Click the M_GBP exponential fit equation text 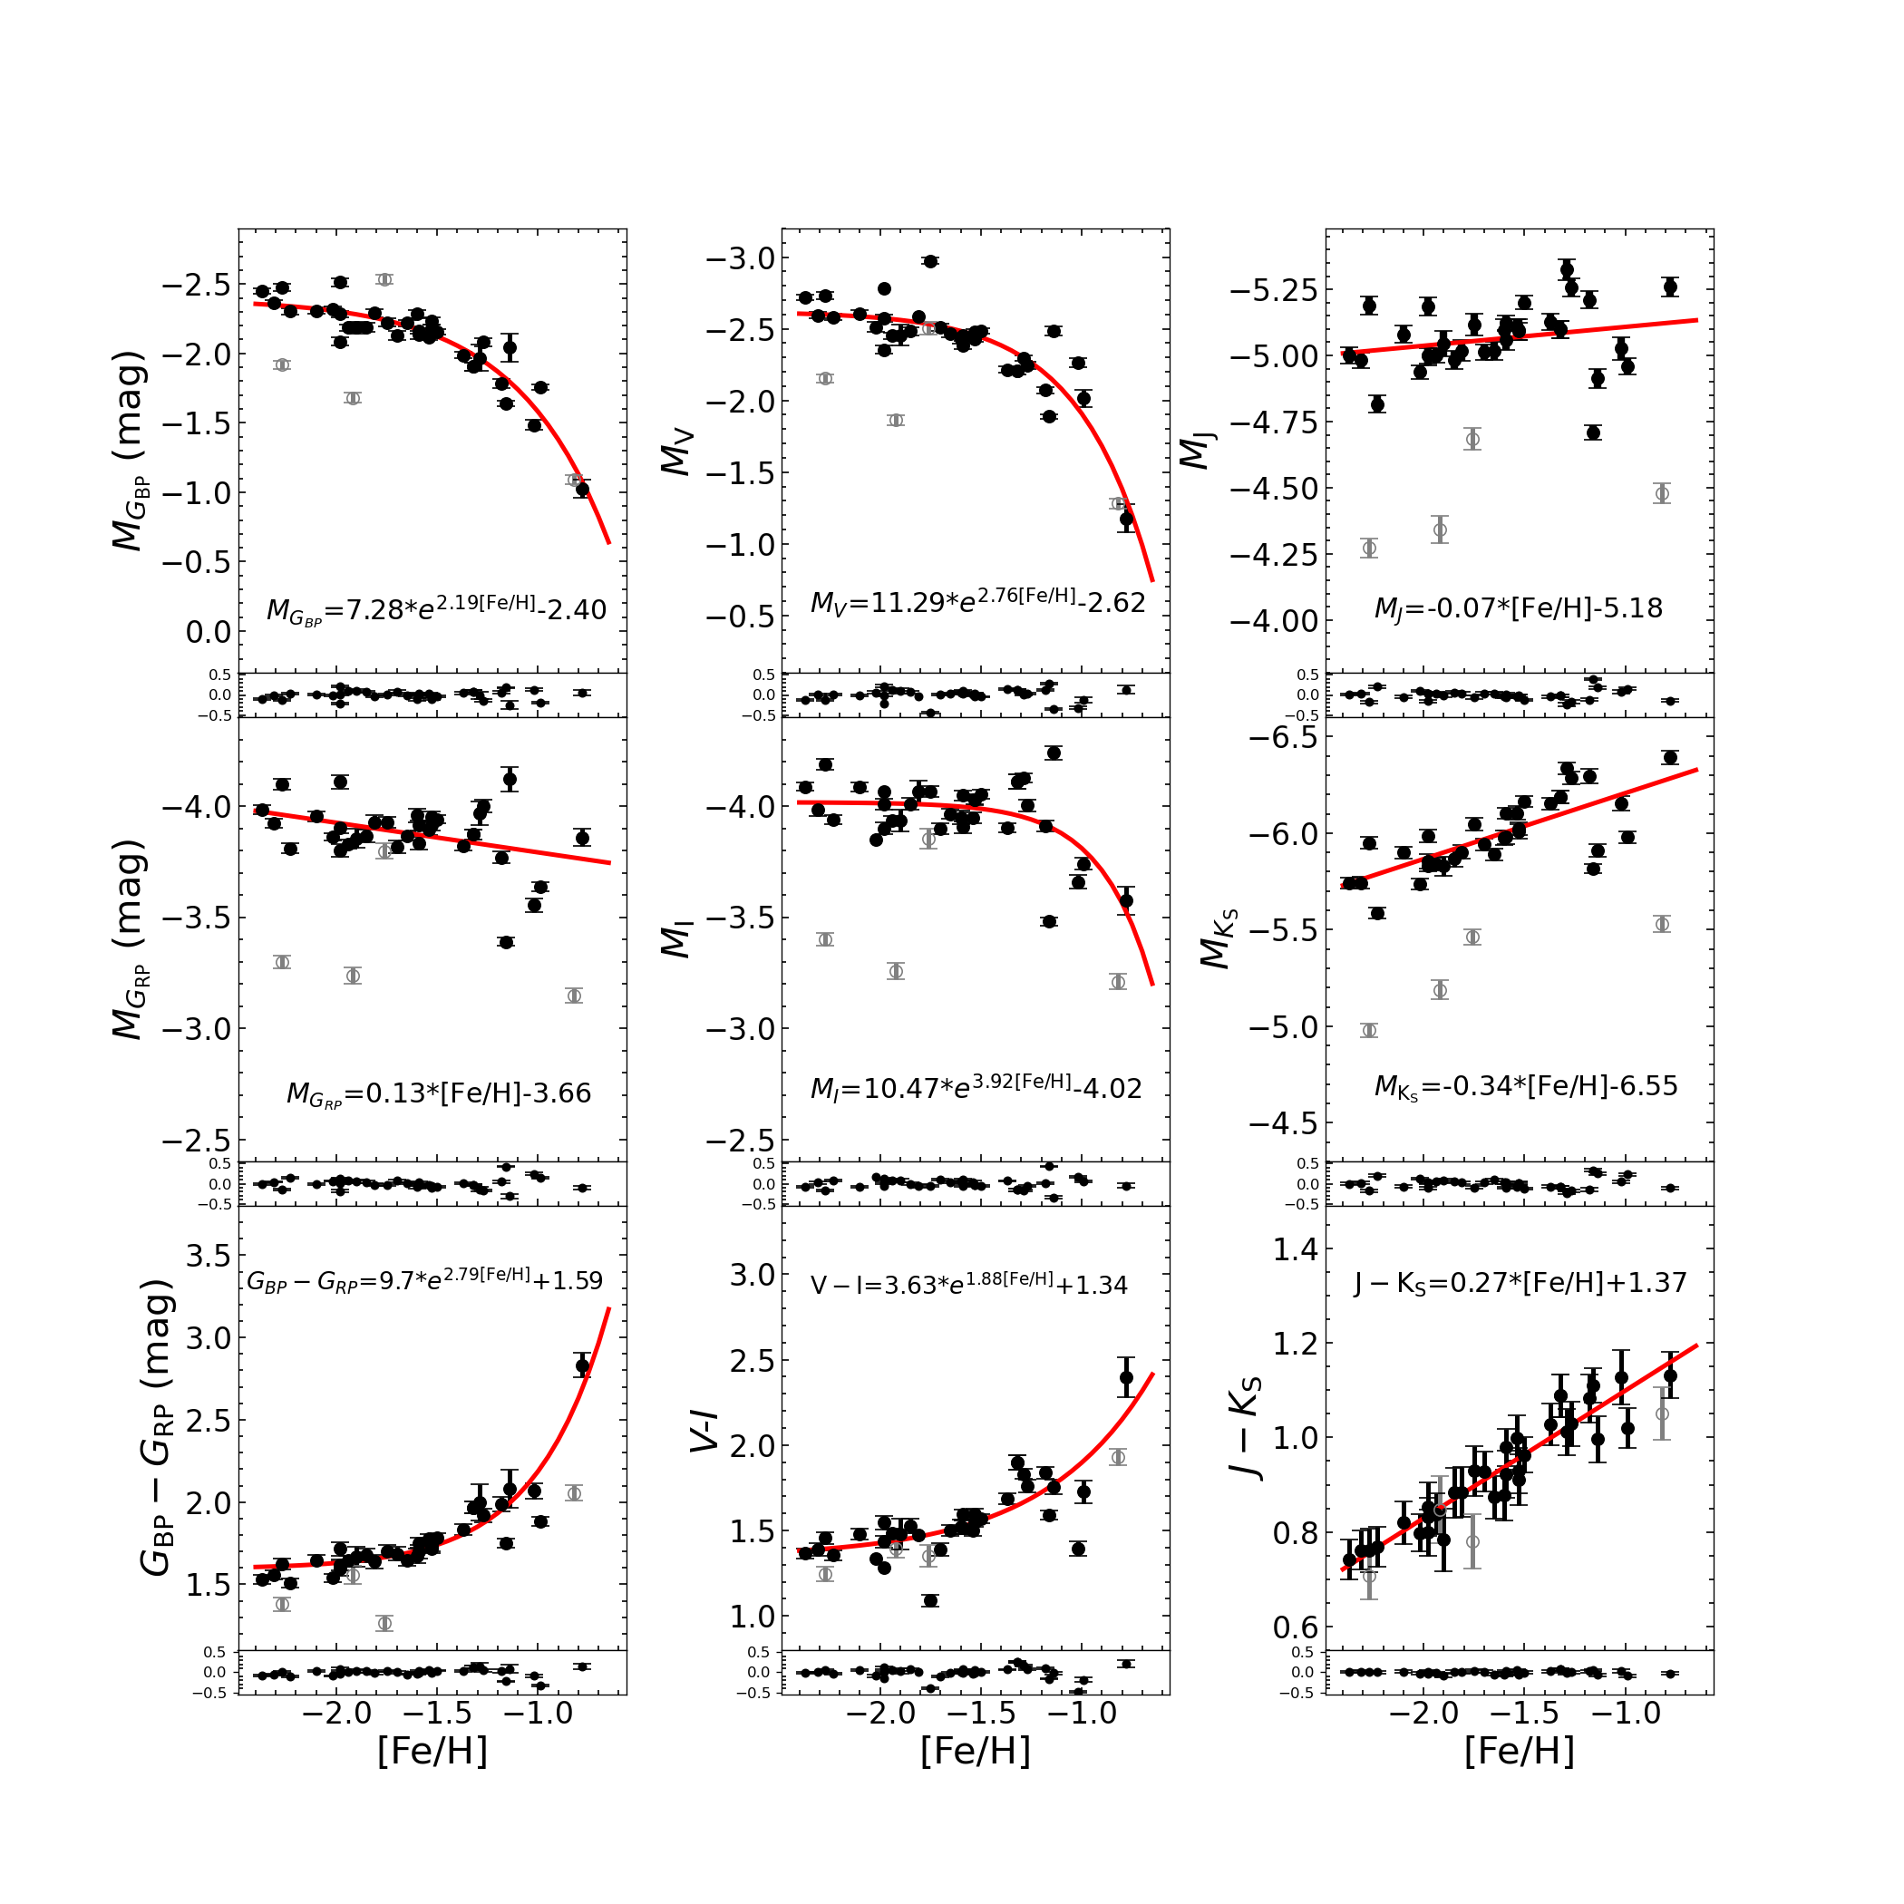437,610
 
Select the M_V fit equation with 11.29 977,601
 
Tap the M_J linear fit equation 1518,609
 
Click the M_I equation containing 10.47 976,1088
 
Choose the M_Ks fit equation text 1526,1087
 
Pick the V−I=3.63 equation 968,1285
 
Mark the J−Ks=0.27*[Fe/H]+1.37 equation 1520,1283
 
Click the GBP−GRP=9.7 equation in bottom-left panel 423,1281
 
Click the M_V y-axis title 678,452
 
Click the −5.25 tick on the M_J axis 1272,291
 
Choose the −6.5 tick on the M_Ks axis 1283,737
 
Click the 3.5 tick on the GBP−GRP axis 208,1256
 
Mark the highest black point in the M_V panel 930,261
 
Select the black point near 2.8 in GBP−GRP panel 582,1366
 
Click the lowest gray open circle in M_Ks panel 1369,1031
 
